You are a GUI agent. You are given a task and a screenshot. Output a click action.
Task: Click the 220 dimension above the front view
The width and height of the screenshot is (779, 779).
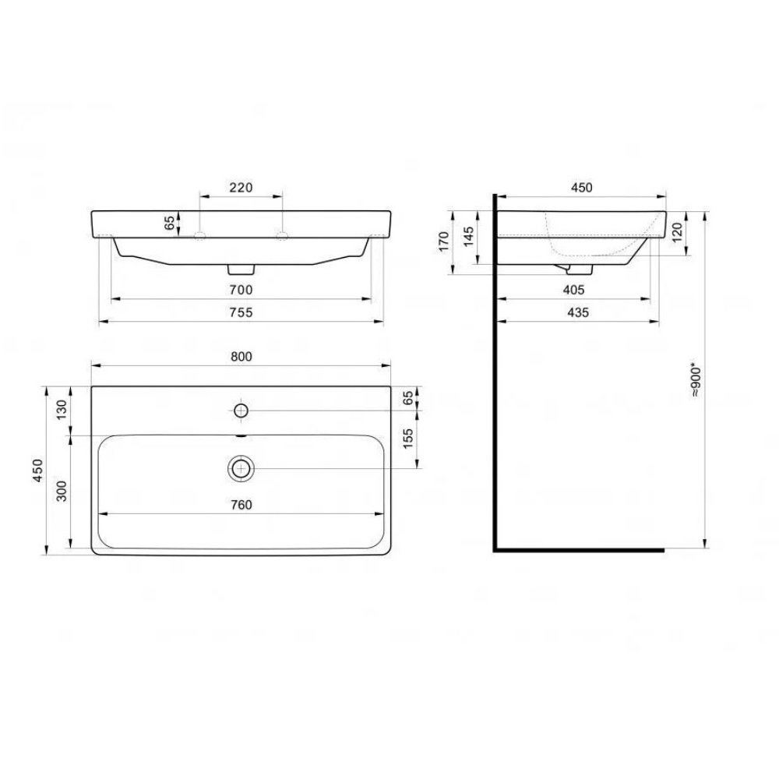241,187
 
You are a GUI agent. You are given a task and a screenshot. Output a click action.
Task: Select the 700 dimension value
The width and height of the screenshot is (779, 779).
241,289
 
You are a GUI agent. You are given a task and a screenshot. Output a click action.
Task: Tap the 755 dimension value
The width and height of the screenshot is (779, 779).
241,312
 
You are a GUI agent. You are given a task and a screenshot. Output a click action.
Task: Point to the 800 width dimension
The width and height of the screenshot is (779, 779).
241,356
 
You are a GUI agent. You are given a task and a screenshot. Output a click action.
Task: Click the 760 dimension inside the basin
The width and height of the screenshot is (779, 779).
241,504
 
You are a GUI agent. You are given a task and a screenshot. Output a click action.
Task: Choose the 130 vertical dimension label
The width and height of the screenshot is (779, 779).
62,410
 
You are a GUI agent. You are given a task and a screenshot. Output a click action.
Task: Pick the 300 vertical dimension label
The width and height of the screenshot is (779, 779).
62,491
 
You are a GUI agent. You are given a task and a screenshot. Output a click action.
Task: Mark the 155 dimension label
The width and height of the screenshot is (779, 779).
407,439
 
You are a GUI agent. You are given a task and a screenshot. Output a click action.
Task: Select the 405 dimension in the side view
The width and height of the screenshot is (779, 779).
574,289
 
